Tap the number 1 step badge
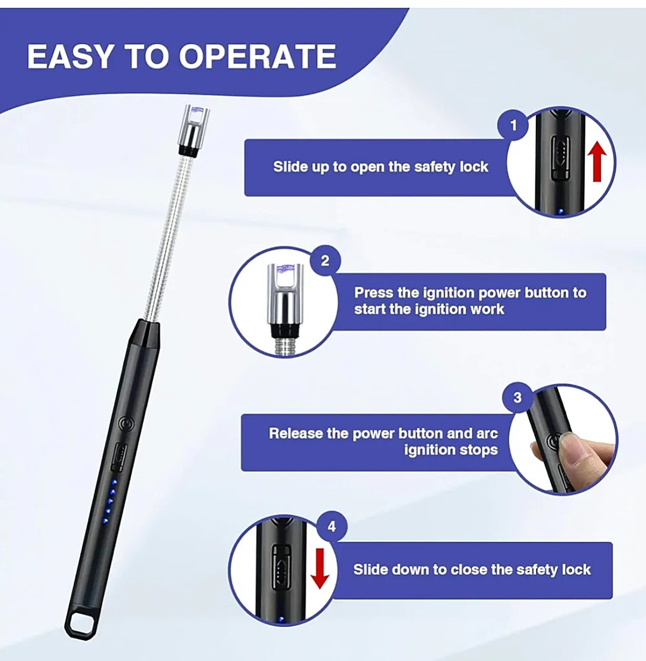point(513,125)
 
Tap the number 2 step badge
point(325,261)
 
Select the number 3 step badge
point(517,398)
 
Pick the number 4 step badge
point(332,526)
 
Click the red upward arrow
point(597,161)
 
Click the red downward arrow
point(320,568)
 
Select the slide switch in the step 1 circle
point(560,158)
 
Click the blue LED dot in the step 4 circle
point(281,620)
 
